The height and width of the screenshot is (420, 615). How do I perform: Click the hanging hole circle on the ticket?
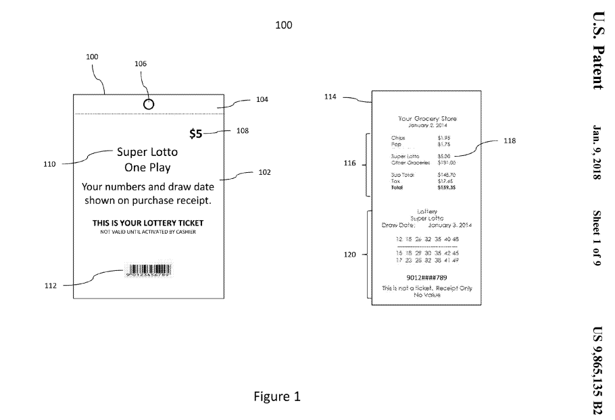tap(149, 103)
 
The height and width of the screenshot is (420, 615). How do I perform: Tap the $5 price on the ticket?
tap(195, 134)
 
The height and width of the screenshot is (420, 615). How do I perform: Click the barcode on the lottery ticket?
tap(148, 271)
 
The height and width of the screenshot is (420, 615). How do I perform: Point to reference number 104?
tap(262, 100)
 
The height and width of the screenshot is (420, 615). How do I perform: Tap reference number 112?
tap(49, 286)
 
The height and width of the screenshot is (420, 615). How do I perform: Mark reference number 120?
tap(350, 255)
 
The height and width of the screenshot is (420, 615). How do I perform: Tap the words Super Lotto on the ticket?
tap(147, 152)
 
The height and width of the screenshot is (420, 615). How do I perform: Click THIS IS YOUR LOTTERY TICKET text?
tap(147, 222)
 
